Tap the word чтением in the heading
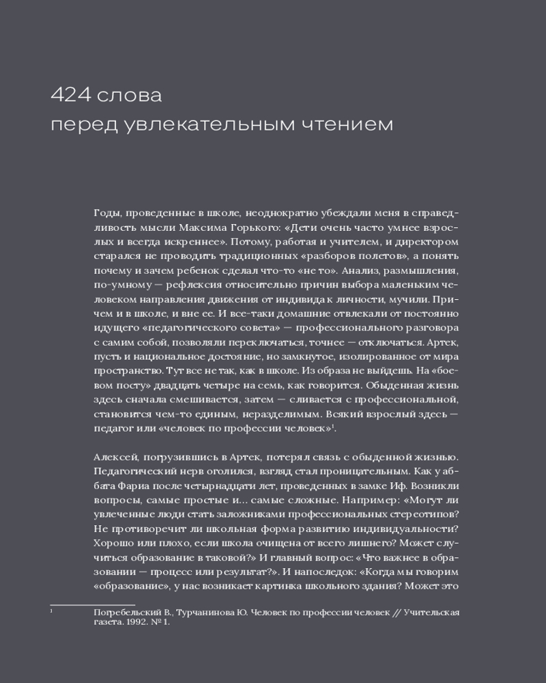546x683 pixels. [336, 125]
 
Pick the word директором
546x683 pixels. [426, 242]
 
